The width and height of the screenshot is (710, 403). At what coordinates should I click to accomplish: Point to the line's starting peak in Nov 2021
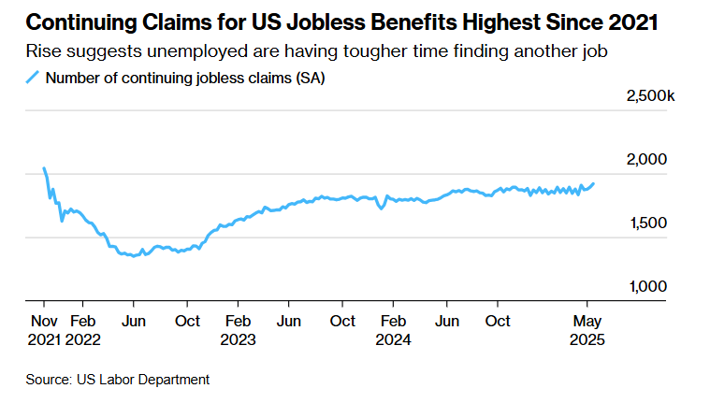tap(44, 169)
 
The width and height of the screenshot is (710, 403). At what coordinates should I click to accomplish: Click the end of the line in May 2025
tap(592, 183)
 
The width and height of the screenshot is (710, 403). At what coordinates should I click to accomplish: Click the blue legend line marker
tap(33, 79)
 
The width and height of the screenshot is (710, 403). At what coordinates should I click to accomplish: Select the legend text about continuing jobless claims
tap(185, 79)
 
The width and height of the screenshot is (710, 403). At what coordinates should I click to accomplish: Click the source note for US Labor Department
tap(117, 379)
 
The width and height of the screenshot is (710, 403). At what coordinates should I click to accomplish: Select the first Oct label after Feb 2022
tap(187, 321)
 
